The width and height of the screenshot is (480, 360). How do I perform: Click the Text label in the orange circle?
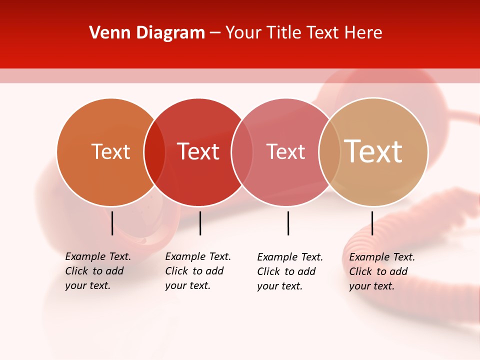110,151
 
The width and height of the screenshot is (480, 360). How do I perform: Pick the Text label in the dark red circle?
198,151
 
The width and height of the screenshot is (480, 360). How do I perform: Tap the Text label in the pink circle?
285,151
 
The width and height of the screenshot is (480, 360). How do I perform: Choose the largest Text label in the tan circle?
373,151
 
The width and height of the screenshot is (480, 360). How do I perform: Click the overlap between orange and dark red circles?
154,152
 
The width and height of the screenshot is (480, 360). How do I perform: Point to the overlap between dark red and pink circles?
242,152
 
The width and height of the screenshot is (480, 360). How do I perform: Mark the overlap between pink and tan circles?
329,152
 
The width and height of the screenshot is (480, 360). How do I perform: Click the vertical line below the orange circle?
112,223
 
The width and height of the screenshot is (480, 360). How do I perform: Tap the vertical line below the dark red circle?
200,223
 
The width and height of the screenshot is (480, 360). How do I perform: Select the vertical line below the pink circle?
288,223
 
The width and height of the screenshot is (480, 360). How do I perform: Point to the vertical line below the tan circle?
372,223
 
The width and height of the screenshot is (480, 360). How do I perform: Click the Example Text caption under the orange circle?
97,271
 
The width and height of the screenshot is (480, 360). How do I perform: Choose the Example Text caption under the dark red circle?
197,271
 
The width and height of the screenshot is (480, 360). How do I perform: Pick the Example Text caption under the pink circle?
289,271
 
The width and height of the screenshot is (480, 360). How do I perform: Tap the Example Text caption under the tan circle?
381,271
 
